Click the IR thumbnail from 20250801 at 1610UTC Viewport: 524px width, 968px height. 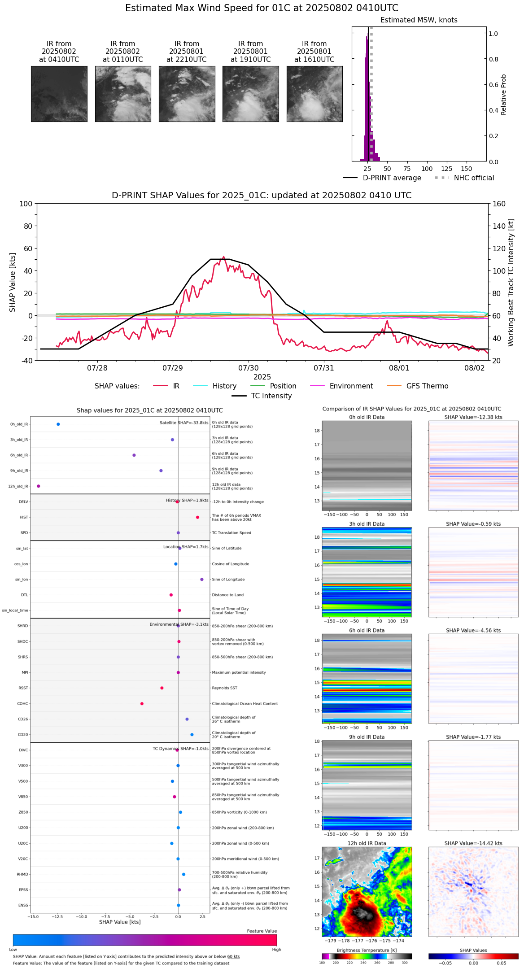[x=314, y=94]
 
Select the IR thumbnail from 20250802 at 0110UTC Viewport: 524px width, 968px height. [x=123, y=94]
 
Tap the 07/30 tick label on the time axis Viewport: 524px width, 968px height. [x=248, y=368]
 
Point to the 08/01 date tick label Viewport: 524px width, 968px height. [x=399, y=368]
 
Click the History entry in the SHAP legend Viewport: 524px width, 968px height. [x=224, y=386]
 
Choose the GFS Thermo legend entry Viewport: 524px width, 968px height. [x=427, y=386]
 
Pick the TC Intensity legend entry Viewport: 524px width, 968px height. [x=271, y=396]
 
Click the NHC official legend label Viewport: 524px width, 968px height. [x=474, y=178]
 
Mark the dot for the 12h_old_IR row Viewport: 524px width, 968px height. [x=39, y=486]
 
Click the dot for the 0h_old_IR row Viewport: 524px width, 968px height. [x=58, y=424]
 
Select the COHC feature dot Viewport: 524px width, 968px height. [x=142, y=704]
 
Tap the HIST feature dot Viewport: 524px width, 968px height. [x=197, y=518]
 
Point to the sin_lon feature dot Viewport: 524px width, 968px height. [x=202, y=580]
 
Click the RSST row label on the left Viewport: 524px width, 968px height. [x=23, y=688]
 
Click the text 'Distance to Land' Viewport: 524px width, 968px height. [x=228, y=595]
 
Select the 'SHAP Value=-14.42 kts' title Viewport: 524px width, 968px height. [x=473, y=844]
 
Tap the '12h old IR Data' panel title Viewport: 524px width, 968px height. [x=367, y=844]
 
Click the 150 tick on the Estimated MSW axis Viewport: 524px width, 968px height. [x=467, y=169]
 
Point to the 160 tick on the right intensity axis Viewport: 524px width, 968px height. [x=499, y=204]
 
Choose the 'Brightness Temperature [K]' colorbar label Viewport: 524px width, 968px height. [x=367, y=951]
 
